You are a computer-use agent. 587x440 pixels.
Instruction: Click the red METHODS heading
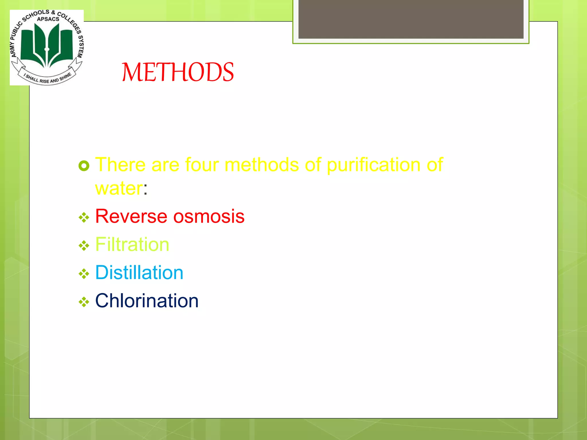(x=178, y=72)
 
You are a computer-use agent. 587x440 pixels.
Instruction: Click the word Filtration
(x=132, y=244)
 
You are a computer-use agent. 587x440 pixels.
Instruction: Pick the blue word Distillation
(x=139, y=272)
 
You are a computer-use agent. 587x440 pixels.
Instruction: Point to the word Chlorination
(x=147, y=301)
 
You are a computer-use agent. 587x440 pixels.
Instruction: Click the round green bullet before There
(x=84, y=166)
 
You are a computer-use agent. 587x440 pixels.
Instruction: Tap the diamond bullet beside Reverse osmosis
(x=84, y=218)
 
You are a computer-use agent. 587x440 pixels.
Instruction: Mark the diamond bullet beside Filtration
(x=84, y=246)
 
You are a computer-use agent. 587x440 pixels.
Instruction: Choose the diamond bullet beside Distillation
(x=84, y=274)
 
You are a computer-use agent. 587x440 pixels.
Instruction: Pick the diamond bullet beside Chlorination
(x=84, y=302)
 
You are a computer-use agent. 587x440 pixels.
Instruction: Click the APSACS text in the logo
(x=48, y=19)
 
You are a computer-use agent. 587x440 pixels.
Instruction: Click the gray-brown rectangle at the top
(x=411, y=19)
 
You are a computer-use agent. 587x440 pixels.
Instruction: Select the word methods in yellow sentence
(x=261, y=165)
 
